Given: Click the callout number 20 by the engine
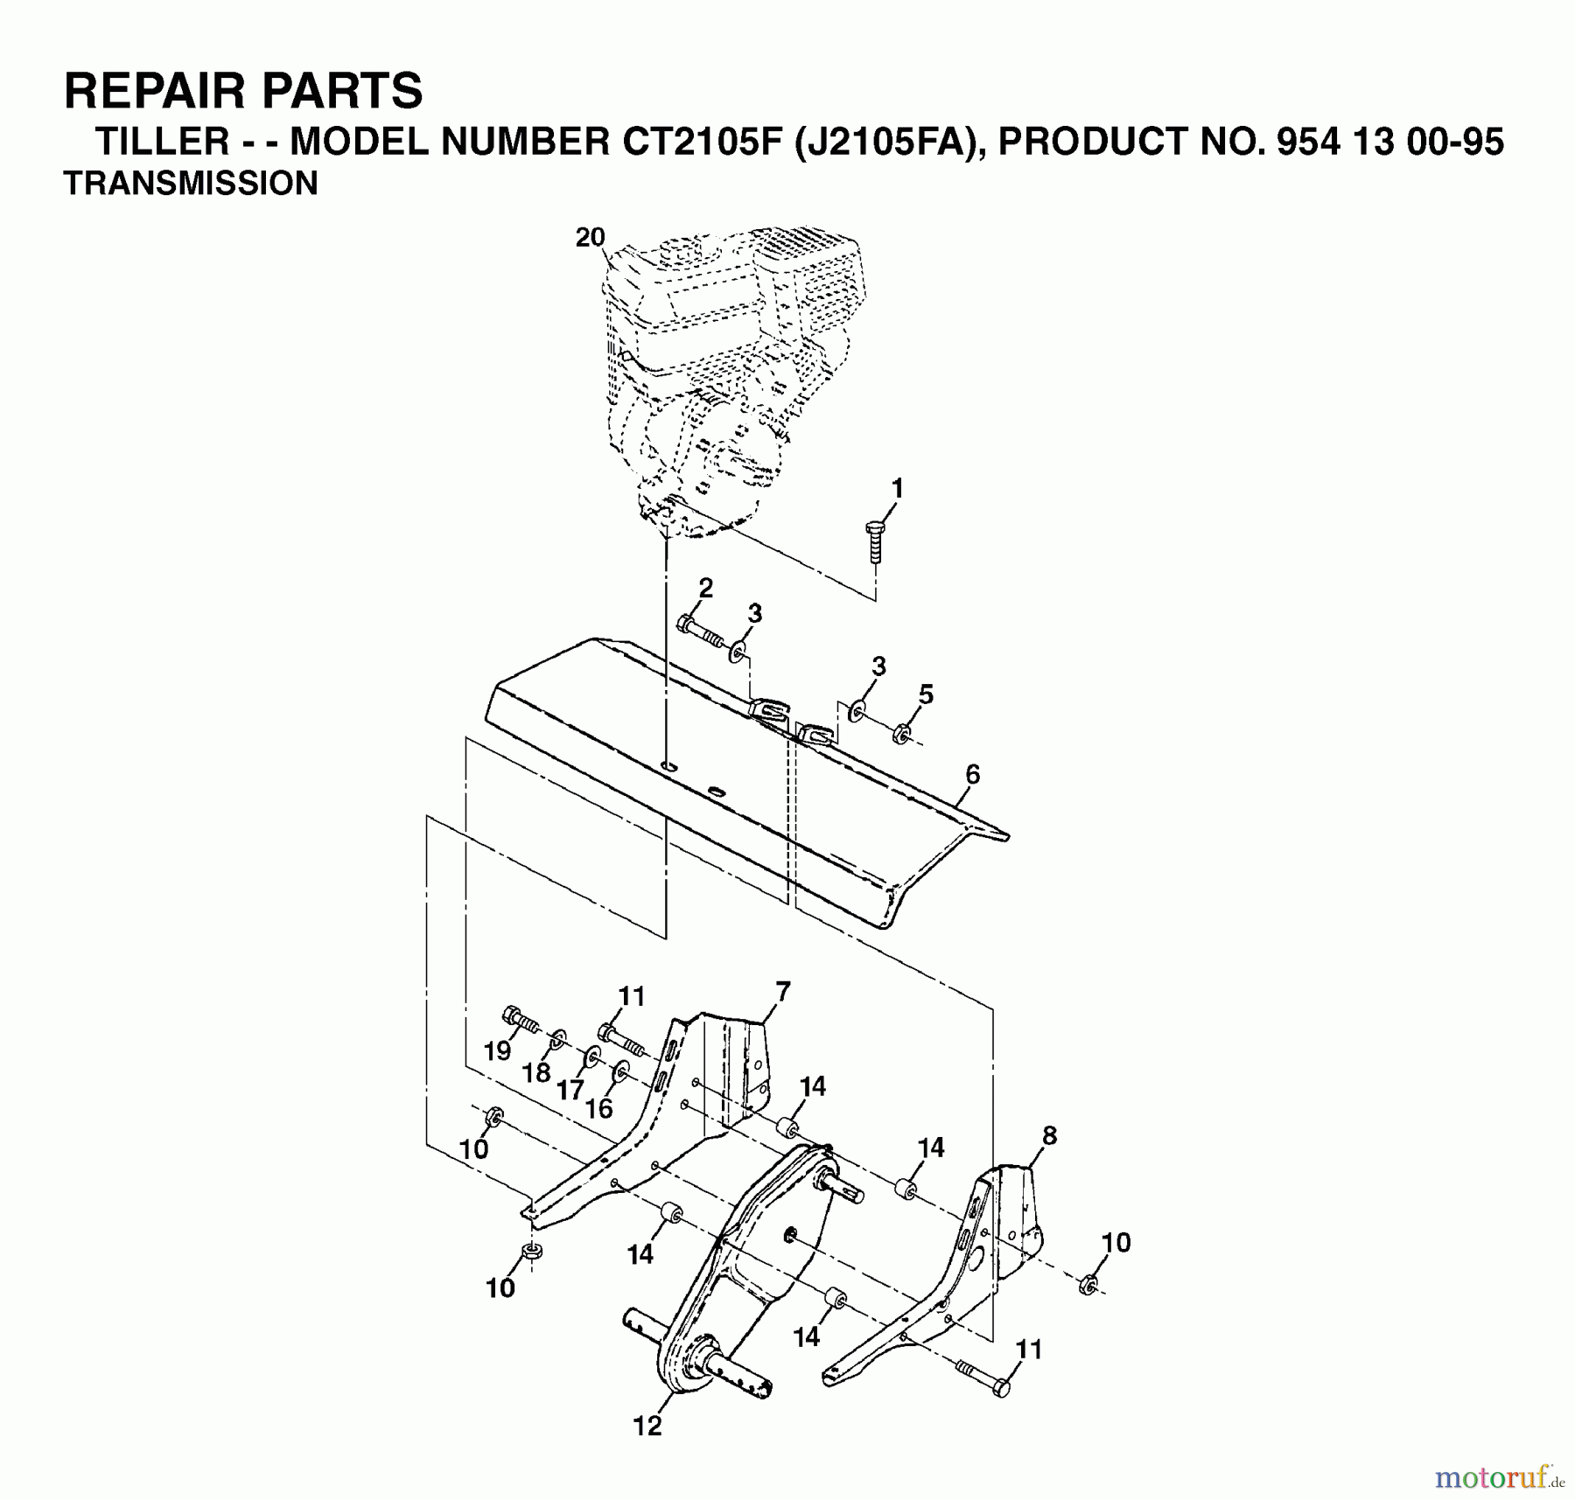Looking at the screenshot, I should click(x=591, y=237).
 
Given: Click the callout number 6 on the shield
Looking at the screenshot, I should click(x=972, y=774).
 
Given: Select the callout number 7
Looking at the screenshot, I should click(x=782, y=992).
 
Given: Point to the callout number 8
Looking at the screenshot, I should click(x=1049, y=1136).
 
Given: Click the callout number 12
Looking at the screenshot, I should click(x=647, y=1427).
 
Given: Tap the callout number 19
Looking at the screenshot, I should click(x=497, y=1050).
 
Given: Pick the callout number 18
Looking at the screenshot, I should click(x=536, y=1071).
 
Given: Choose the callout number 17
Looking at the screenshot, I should click(x=570, y=1090).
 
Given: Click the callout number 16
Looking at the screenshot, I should click(x=598, y=1108).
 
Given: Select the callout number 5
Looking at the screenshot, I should click(x=926, y=694).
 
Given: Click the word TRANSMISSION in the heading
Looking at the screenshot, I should click(x=191, y=184).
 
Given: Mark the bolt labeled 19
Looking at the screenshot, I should click(x=520, y=1020).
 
